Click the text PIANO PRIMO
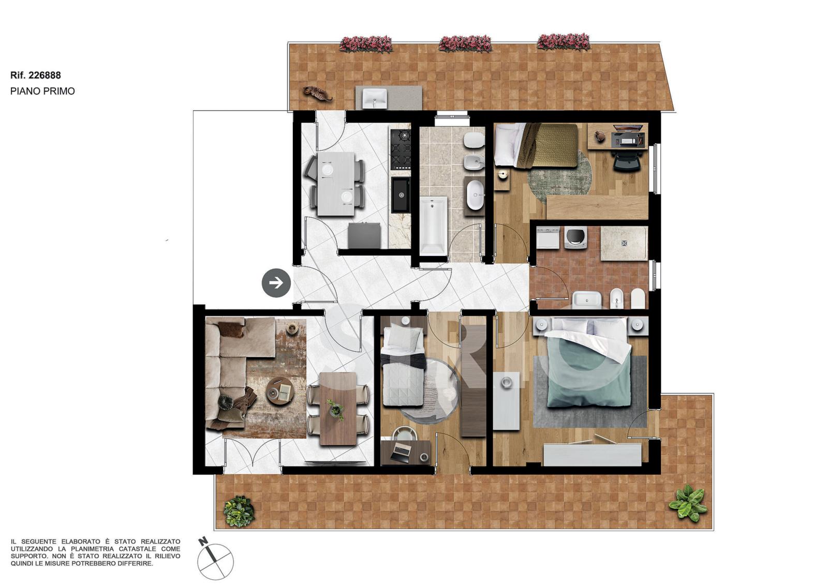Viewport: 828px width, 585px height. (42, 91)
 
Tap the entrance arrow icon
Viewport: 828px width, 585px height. (276, 283)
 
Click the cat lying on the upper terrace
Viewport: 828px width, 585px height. (317, 93)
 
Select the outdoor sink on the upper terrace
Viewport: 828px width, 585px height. (375, 98)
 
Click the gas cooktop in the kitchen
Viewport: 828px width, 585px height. (401, 149)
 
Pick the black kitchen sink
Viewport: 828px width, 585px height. (401, 195)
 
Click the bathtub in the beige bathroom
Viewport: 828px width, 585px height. (434, 226)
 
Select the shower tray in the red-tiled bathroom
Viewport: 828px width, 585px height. (624, 243)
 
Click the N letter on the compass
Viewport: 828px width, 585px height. (202, 542)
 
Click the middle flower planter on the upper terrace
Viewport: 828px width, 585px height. (465, 44)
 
